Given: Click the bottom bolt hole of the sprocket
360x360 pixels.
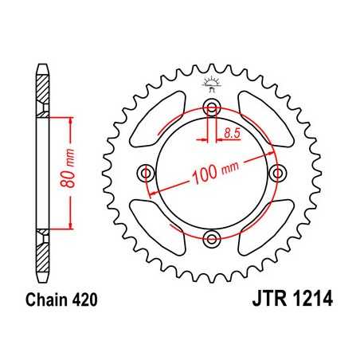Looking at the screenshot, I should click(x=211, y=237).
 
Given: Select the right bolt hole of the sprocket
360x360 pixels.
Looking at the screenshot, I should click(x=276, y=172).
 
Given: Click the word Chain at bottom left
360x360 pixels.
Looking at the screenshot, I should click(x=49, y=303).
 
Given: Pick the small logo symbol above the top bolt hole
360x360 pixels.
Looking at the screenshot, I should click(x=211, y=82).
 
